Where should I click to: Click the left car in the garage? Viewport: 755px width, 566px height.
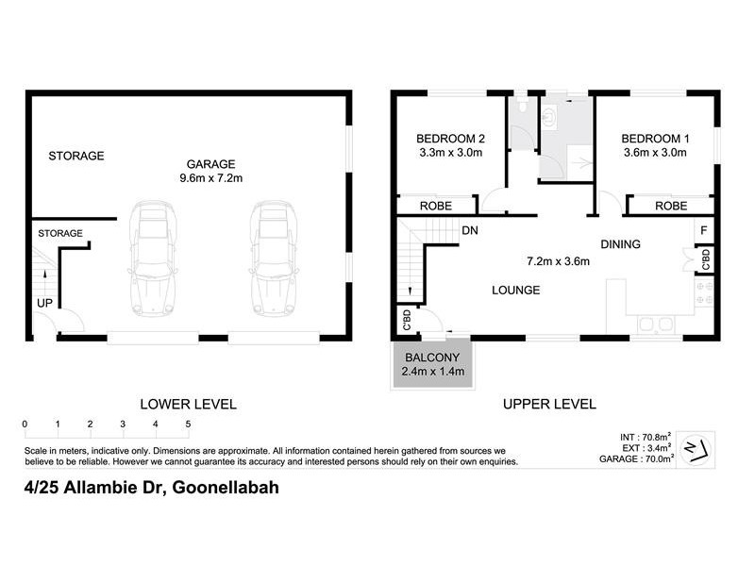click(x=153, y=259)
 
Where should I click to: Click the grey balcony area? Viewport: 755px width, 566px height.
click(x=435, y=365)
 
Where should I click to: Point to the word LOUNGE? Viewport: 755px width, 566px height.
click(x=514, y=291)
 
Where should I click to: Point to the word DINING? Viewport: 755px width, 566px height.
click(x=620, y=244)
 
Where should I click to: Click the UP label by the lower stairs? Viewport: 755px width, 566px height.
click(x=44, y=304)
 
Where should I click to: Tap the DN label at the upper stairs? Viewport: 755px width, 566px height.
click(x=469, y=229)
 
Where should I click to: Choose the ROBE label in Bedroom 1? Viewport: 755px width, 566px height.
click(x=671, y=206)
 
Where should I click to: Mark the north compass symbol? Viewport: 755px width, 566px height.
click(x=697, y=446)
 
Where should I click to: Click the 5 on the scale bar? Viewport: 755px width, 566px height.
click(x=188, y=424)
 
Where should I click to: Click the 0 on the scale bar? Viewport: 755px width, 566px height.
click(x=25, y=424)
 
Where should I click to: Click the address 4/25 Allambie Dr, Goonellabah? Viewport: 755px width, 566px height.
click(x=151, y=488)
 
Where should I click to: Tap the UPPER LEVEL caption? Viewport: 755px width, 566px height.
click(x=549, y=404)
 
